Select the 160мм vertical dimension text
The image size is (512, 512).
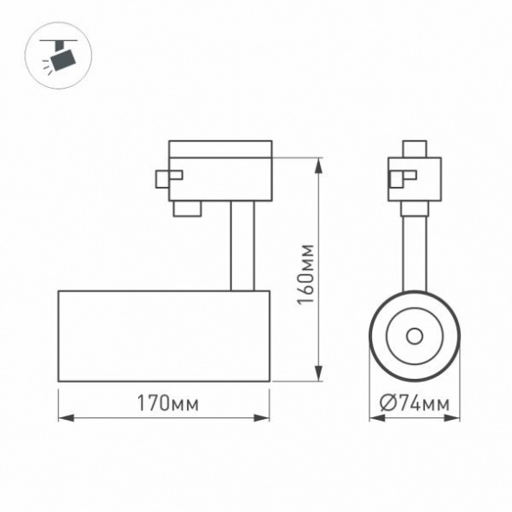pyautogui.click(x=306, y=271)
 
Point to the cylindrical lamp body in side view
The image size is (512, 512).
pyautogui.click(x=163, y=336)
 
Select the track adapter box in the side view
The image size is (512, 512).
pyautogui.click(x=222, y=170)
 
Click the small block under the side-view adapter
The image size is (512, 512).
pyautogui.click(x=186, y=208)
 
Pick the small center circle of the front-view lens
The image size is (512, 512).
pyautogui.click(x=415, y=336)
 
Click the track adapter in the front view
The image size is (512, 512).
pyautogui.click(x=416, y=179)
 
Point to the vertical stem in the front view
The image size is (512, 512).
pyautogui.click(x=415, y=252)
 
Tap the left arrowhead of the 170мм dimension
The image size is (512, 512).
pyautogui.click(x=63, y=418)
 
